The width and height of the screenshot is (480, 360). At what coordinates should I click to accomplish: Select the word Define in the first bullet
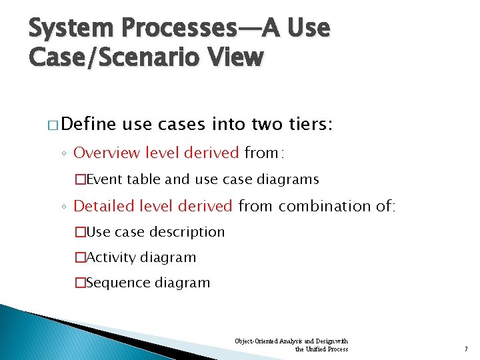pos(91,124)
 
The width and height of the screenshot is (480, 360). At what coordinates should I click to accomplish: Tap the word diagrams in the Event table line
pos(290,179)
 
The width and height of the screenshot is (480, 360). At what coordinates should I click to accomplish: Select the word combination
pos(331,206)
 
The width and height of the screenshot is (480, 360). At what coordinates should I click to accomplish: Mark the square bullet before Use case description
pos(80,232)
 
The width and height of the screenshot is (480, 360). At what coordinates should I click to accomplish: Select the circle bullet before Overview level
pos(65,154)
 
